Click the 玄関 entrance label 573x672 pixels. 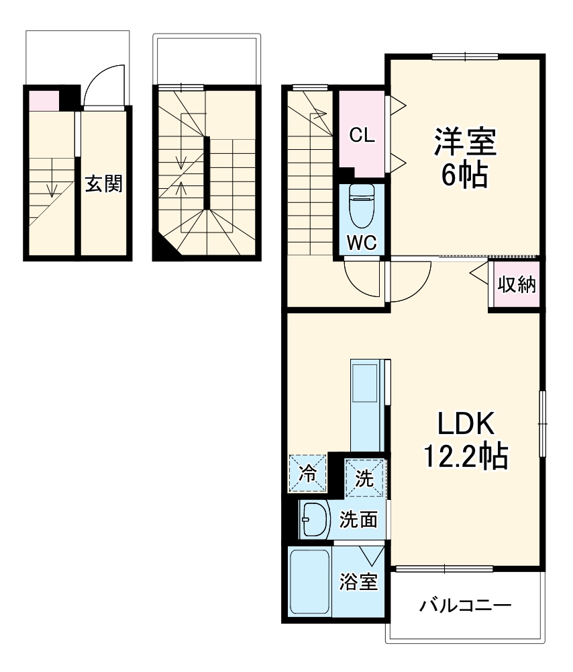(x=103, y=183)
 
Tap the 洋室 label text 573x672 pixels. (x=464, y=142)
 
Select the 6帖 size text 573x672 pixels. (x=464, y=175)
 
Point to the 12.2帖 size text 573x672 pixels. (x=464, y=457)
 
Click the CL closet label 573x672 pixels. (x=362, y=136)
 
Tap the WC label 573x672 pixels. (x=361, y=243)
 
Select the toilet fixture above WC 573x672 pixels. (x=362, y=207)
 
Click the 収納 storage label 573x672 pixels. (x=517, y=285)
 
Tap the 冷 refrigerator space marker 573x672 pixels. (x=308, y=474)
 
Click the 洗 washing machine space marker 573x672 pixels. (x=365, y=478)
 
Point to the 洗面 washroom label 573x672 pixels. (x=358, y=519)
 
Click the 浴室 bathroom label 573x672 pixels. (x=358, y=582)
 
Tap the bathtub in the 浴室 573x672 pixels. (x=309, y=581)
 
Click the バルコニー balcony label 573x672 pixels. (x=466, y=605)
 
